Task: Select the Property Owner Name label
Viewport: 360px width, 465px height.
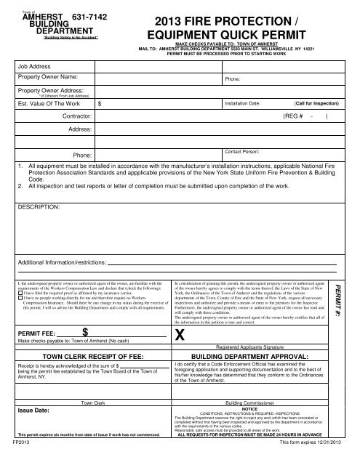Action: (48, 76)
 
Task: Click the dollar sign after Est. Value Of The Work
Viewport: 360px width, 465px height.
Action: (99, 104)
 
